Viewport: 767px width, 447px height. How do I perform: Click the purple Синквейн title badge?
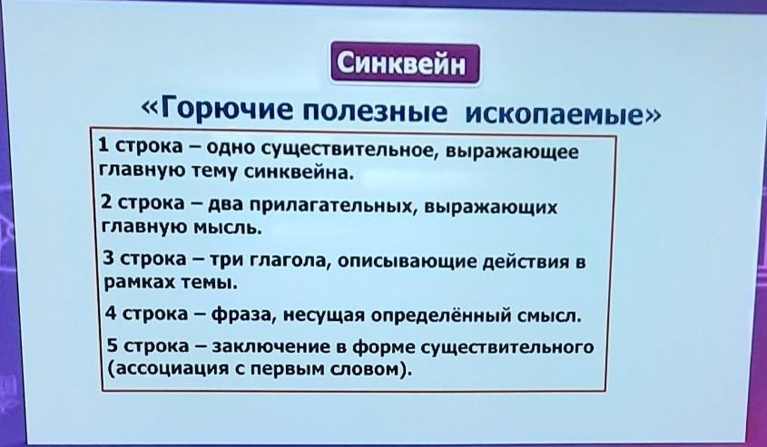click(405, 63)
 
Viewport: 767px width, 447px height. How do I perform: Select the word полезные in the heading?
click(375, 111)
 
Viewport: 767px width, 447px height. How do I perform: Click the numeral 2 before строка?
click(105, 201)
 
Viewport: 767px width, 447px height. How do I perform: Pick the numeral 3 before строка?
click(109, 257)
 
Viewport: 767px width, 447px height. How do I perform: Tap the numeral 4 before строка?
click(111, 312)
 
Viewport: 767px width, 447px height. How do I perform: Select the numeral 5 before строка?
click(113, 345)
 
